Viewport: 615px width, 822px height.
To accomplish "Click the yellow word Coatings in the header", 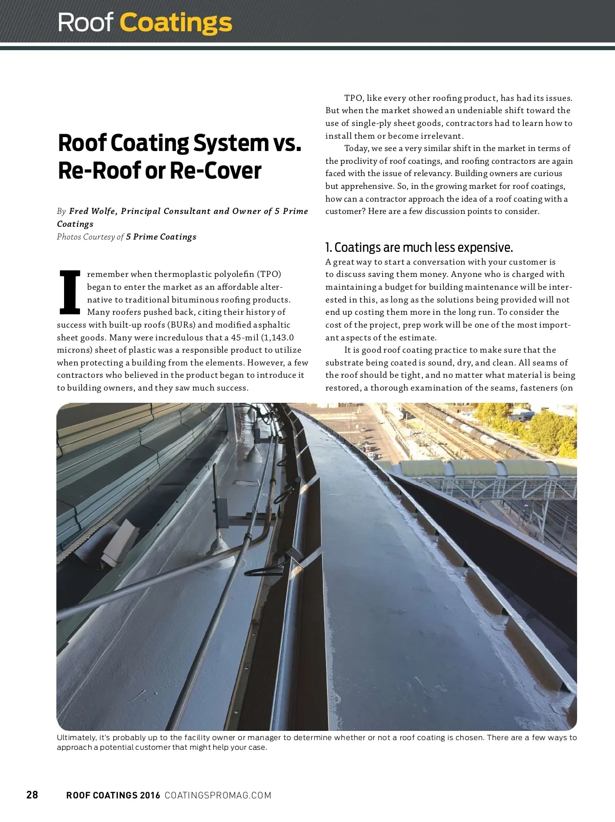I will pos(176,23).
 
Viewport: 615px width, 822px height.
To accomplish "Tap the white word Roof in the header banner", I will pos(85,23).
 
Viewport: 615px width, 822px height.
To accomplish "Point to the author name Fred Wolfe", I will pos(92,211).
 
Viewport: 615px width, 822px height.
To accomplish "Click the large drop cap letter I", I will pos(70,292).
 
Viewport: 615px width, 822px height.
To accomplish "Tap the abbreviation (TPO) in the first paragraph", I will pos(269,274).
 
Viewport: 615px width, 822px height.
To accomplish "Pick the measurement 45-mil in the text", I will pos(245,337).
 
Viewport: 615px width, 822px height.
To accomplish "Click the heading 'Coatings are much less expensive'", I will pos(423,248).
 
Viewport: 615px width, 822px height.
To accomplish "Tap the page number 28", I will pos(32,794).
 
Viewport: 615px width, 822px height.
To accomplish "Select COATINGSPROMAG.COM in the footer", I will pos(218,795).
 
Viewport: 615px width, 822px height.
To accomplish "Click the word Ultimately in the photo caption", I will pos(76,738).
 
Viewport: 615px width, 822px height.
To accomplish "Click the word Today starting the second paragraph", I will pos(356,148).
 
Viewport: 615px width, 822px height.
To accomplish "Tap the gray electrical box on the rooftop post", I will pos(221,512).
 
